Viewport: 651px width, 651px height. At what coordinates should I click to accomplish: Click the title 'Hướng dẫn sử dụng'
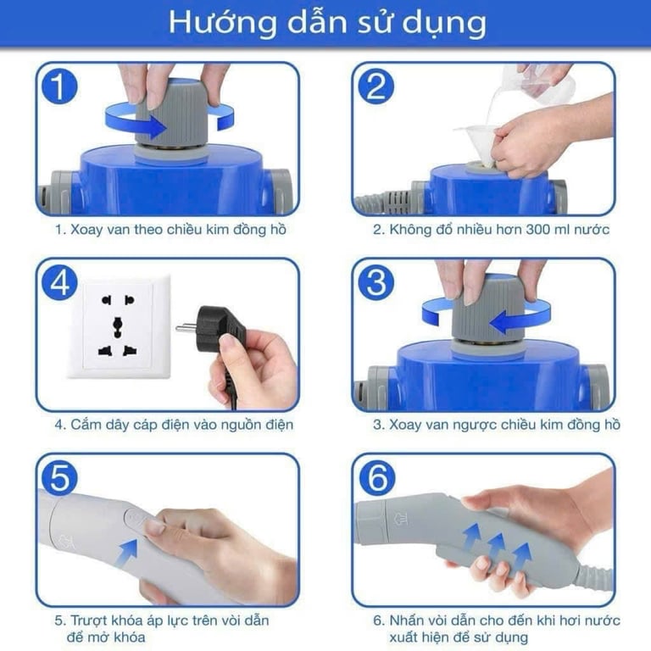tap(326, 23)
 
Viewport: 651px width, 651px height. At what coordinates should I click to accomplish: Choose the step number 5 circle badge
tap(59, 478)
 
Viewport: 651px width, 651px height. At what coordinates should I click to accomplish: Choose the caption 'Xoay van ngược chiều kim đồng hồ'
tap(496, 424)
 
